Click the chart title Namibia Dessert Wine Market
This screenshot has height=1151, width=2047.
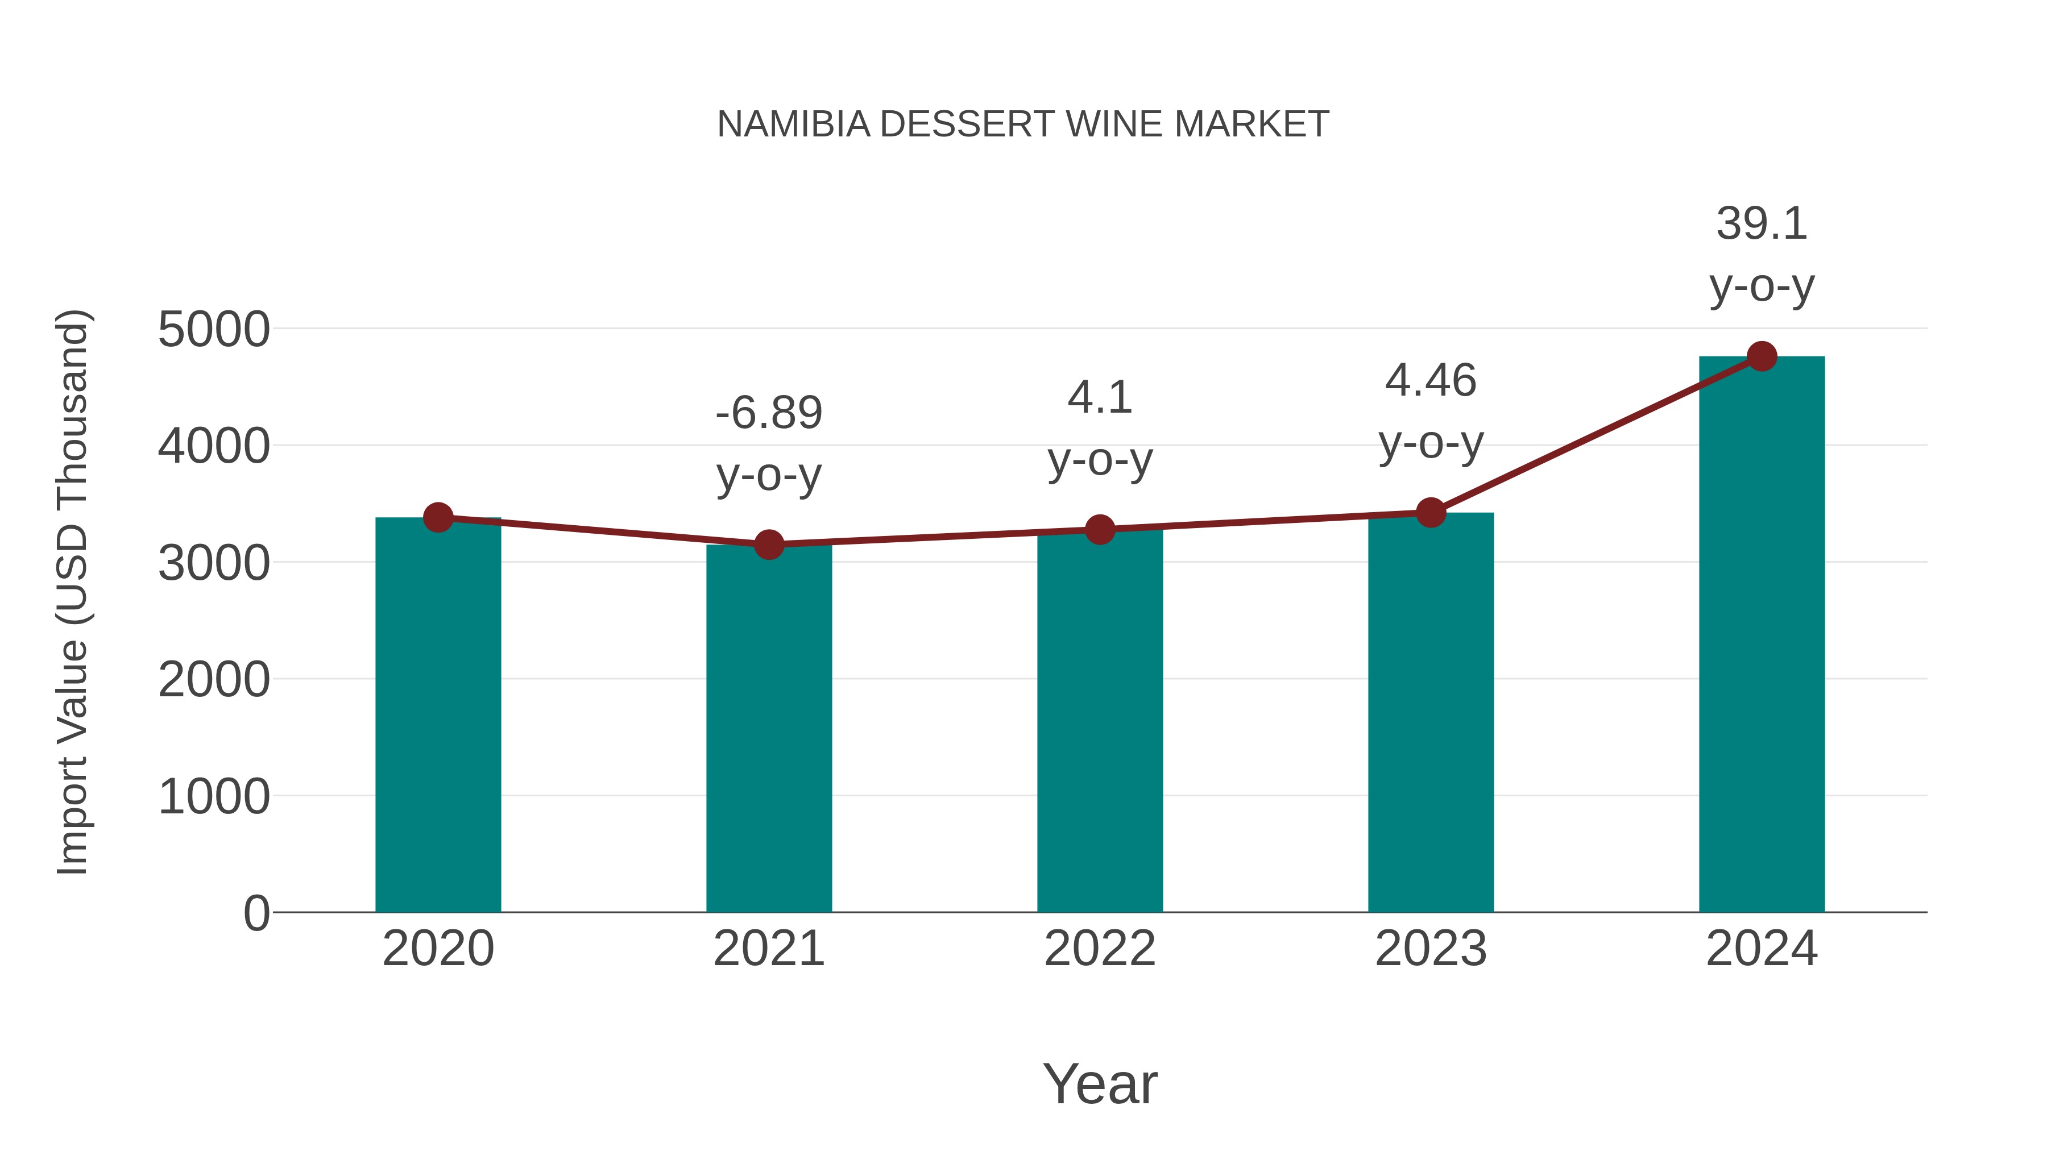[x=1023, y=124]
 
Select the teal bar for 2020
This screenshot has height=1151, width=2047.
[x=438, y=715]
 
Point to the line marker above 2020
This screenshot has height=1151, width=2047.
[x=438, y=518]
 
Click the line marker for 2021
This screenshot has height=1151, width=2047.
[x=768, y=545]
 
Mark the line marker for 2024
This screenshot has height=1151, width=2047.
[x=1762, y=356]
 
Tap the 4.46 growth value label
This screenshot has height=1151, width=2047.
[x=1431, y=380]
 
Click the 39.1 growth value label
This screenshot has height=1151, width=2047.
[x=1762, y=224]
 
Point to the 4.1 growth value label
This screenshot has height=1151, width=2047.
[x=1100, y=397]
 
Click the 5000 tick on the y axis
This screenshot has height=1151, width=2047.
[x=214, y=330]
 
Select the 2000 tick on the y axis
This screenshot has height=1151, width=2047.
[x=214, y=680]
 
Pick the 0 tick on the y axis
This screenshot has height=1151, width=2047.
[x=256, y=913]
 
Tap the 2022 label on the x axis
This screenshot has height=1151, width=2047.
[x=1100, y=949]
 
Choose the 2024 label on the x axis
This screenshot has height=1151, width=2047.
[x=1762, y=949]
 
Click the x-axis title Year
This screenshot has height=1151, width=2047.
[x=1100, y=1083]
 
